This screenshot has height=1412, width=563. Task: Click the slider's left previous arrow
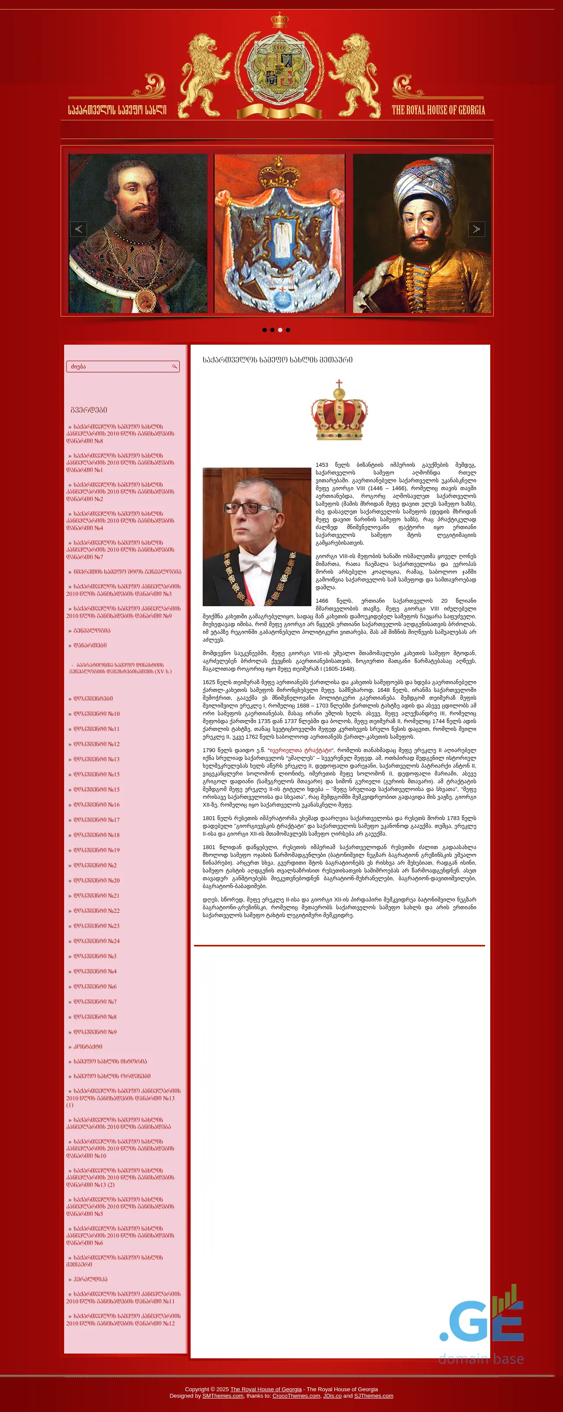coord(78,229)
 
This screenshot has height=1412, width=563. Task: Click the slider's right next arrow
coord(476,229)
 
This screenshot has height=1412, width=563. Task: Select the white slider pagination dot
coord(280,330)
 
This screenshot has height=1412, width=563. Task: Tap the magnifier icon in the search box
coord(175,367)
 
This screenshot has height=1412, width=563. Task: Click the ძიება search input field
coord(118,367)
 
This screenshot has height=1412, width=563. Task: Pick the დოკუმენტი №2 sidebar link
coord(95,865)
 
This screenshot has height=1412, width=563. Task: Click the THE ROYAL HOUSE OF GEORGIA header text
coord(438,110)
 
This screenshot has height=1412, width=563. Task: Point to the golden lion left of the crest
coord(204,74)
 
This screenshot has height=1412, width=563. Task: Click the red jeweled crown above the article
coord(340,411)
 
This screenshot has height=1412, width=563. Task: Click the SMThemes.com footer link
coord(223,1396)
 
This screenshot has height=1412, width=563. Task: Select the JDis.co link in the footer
coord(332,1396)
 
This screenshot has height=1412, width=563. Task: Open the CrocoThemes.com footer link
coord(296,1396)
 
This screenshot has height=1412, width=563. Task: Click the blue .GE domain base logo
coord(481,1321)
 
